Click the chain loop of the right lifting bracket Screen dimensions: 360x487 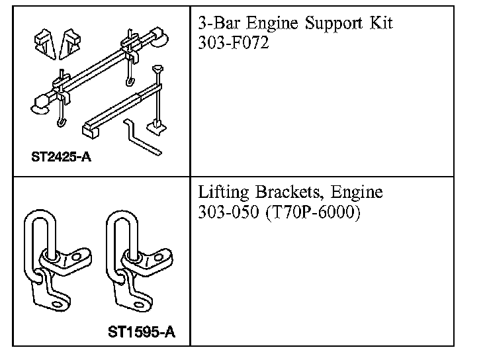120,238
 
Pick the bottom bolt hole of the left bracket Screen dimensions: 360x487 58,305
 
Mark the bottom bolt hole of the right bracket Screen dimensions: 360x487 140,305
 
